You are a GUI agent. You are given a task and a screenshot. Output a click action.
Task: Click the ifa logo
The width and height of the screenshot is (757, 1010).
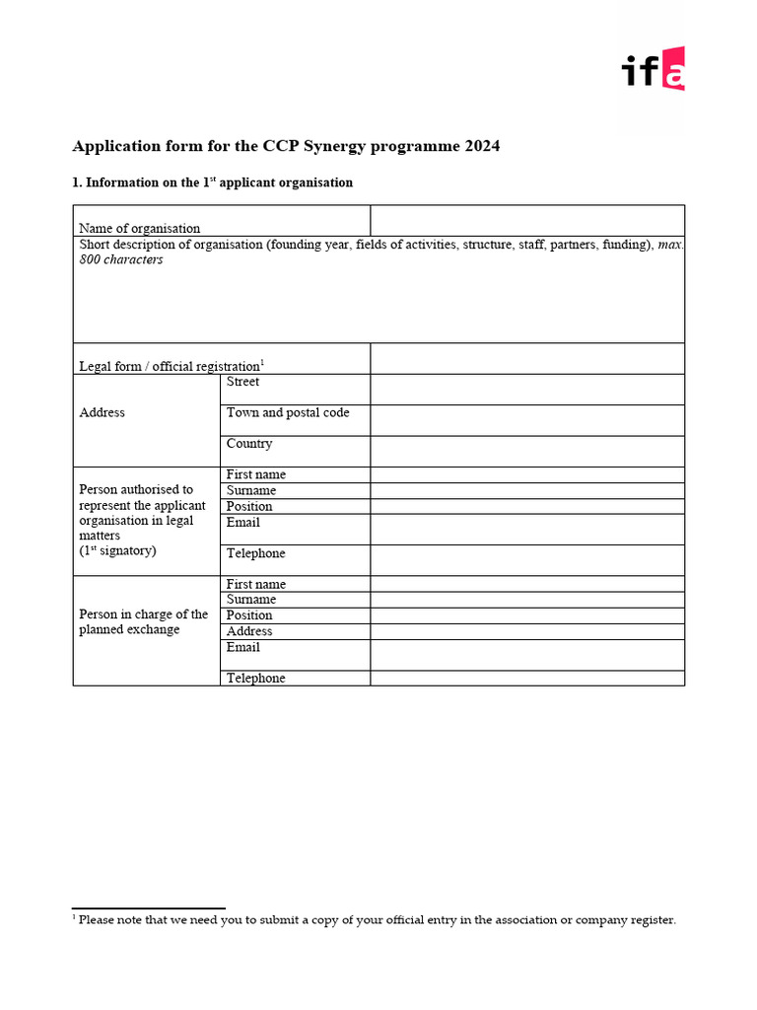coord(653,69)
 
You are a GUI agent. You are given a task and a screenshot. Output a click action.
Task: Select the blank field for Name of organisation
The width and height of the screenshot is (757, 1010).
coord(526,220)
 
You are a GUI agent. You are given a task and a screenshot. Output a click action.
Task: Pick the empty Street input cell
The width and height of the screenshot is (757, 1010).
coord(526,390)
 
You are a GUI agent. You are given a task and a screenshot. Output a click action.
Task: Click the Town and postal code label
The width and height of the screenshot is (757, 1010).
coord(288,413)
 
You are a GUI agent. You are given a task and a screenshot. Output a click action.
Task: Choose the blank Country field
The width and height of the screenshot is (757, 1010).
coord(526,451)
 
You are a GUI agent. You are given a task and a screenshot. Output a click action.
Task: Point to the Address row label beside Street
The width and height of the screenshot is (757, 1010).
coord(102,413)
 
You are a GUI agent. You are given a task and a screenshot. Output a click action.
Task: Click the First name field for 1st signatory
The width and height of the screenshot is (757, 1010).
coord(526,474)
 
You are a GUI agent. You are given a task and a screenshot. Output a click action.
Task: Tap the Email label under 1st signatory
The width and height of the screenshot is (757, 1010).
coord(243,522)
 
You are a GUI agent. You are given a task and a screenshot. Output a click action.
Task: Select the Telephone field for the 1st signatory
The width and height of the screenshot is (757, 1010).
coord(526,560)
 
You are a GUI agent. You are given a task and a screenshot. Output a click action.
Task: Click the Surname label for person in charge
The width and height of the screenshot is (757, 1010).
coord(251,600)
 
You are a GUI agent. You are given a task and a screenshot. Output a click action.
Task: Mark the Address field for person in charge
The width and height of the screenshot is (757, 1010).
coord(526,631)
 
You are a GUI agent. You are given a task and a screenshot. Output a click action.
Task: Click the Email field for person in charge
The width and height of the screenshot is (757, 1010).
coord(526,655)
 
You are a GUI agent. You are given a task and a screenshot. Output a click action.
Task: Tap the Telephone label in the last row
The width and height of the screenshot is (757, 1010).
coord(255,679)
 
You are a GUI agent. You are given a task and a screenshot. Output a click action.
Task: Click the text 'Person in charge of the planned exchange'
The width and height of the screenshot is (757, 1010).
coord(143,622)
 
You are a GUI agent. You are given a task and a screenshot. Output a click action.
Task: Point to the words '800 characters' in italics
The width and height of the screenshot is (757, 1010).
coord(121,260)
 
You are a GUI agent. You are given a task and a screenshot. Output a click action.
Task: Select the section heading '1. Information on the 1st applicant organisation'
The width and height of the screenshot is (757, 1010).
coord(213,182)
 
